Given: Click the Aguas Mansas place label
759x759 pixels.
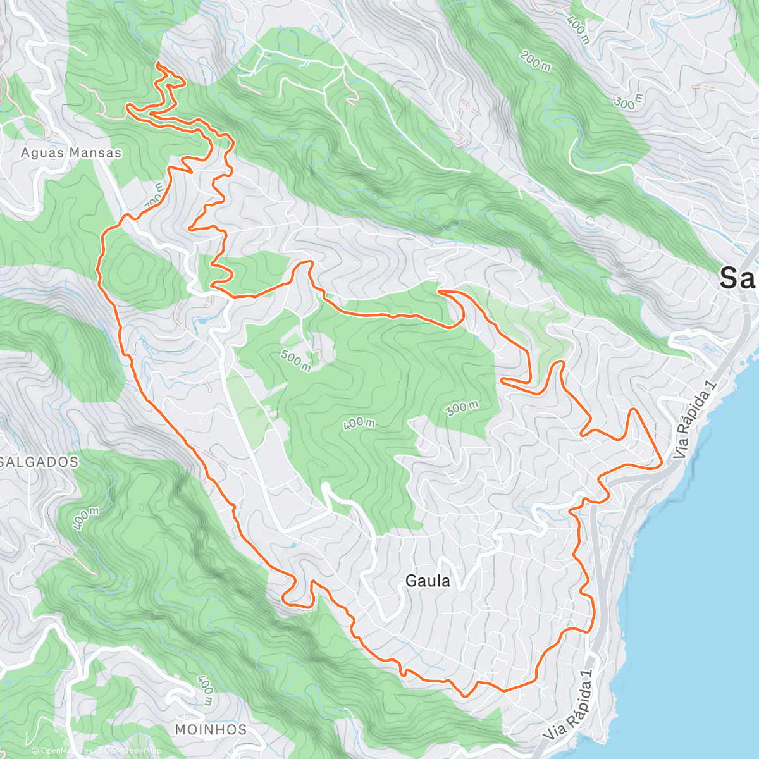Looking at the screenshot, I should (71, 152).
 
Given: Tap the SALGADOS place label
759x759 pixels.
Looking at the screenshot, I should (39, 462).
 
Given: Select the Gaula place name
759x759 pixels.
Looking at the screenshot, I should (428, 581).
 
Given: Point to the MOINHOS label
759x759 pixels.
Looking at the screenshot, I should (211, 729).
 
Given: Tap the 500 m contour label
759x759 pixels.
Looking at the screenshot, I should (295, 361).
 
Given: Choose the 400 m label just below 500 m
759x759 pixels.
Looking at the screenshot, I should (359, 424).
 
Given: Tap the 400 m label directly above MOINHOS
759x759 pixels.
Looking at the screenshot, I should (204, 690).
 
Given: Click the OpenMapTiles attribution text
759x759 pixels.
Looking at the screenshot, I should (65, 751).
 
